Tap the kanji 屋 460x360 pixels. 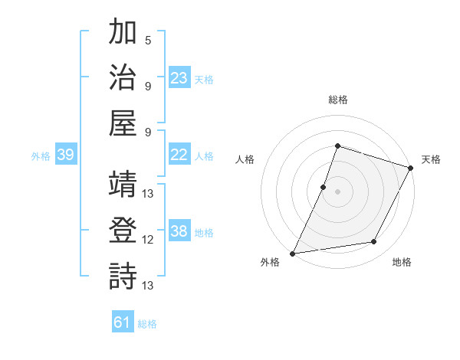click(x=123, y=123)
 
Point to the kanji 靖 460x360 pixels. click(x=123, y=185)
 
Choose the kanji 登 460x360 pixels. click(x=123, y=230)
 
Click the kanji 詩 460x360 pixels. click(x=123, y=276)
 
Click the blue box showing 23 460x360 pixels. click(x=179, y=78)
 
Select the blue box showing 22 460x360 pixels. click(x=179, y=155)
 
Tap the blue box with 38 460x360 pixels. click(x=179, y=231)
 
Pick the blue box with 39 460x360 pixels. click(x=65, y=155)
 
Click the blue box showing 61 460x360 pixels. click(x=123, y=322)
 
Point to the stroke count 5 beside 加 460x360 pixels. click(x=147, y=39)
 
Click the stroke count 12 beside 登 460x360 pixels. click(x=149, y=239)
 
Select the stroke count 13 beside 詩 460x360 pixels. click(x=149, y=285)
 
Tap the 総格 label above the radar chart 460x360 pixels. click(x=337, y=100)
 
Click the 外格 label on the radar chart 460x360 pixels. click(x=270, y=262)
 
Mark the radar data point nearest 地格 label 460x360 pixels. click(x=374, y=242)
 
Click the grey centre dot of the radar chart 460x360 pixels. click(x=337, y=191)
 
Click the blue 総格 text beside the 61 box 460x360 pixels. click(x=147, y=324)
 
